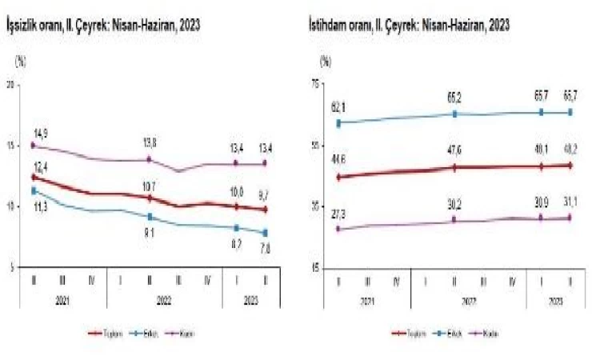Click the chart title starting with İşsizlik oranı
click(x=103, y=26)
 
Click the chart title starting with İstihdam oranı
click(x=409, y=26)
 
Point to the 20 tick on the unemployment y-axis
click(x=10, y=85)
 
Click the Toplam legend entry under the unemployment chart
click(x=104, y=333)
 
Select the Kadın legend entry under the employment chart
click(x=486, y=333)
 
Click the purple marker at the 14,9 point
click(x=33, y=146)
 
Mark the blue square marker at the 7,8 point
click(x=266, y=233)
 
